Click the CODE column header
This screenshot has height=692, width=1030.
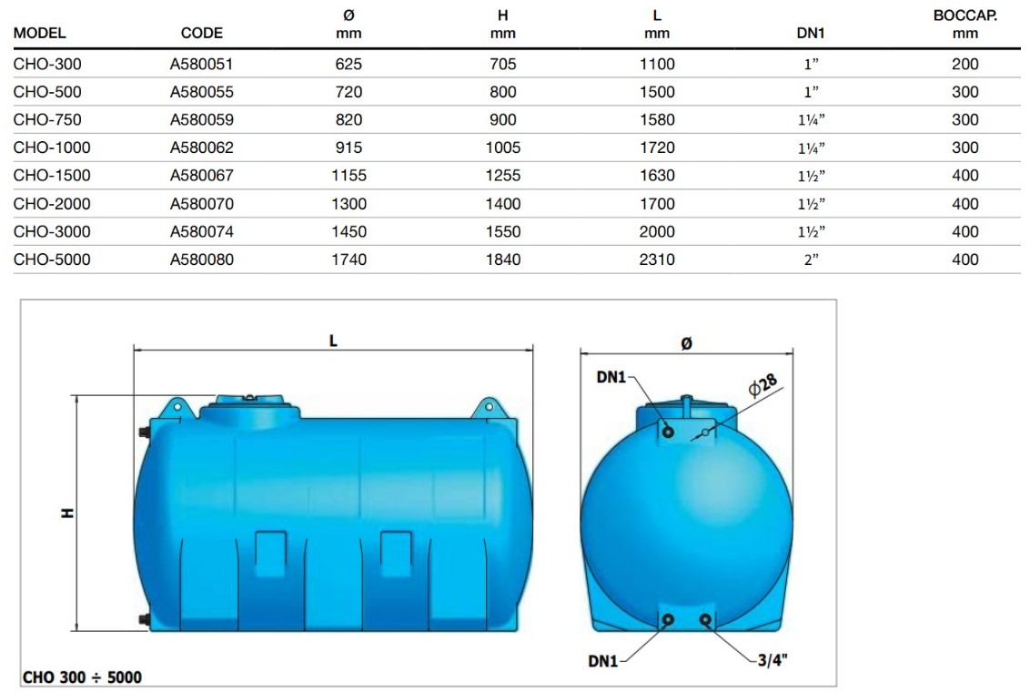point(202,33)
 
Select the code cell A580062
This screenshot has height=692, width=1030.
point(202,148)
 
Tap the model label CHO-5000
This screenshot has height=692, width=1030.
point(52,259)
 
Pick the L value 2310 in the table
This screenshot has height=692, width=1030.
point(657,259)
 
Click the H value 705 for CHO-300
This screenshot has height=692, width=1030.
point(502,64)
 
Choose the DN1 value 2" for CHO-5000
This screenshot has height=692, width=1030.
point(812,259)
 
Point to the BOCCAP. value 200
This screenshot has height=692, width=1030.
point(965,64)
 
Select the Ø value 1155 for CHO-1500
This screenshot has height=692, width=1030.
point(348,176)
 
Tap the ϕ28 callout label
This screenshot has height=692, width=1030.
point(762,385)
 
